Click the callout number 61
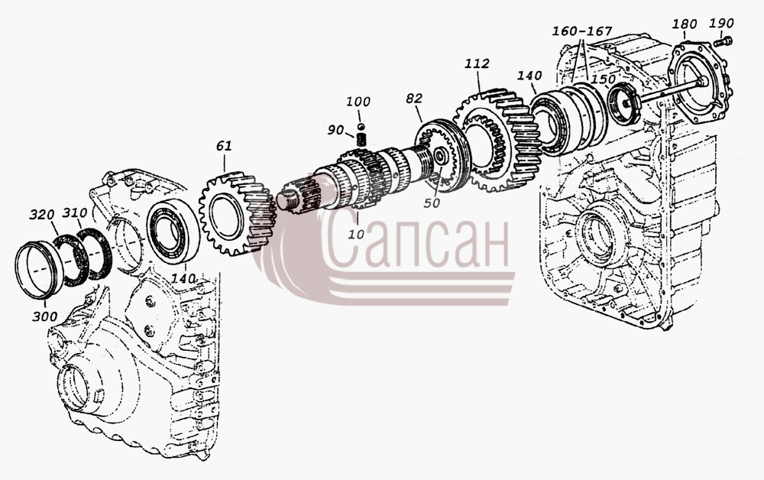click(x=224, y=146)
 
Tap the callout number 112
click(x=477, y=63)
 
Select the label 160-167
click(x=581, y=31)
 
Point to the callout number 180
click(x=684, y=24)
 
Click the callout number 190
click(x=721, y=23)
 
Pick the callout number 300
click(x=45, y=316)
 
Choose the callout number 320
click(x=42, y=215)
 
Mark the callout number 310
click(x=75, y=213)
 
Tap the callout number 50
click(x=432, y=203)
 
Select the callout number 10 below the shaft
click(x=356, y=234)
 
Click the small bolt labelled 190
click(x=723, y=42)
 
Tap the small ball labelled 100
click(x=361, y=128)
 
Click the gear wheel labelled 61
click(x=238, y=213)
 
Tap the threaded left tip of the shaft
click(x=284, y=199)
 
